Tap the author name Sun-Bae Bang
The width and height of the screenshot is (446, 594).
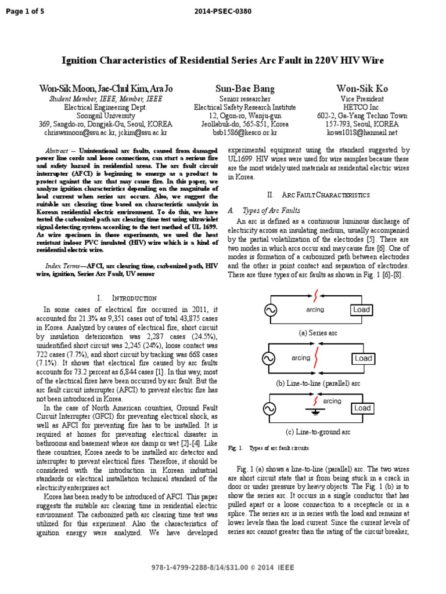click(x=245, y=89)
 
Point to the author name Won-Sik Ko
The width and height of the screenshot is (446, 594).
click(x=362, y=89)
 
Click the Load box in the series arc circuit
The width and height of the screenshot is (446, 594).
click(x=361, y=310)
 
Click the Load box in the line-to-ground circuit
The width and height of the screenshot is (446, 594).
click(x=362, y=408)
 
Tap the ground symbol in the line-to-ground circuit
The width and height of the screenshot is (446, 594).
click(x=316, y=412)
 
